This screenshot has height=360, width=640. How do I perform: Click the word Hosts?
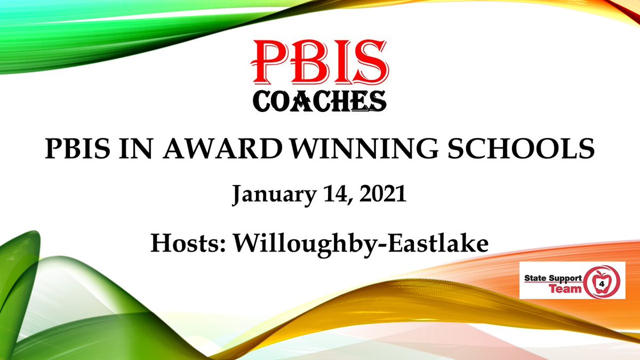pos(187,243)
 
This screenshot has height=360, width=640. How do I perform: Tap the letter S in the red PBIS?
pos(372,62)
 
